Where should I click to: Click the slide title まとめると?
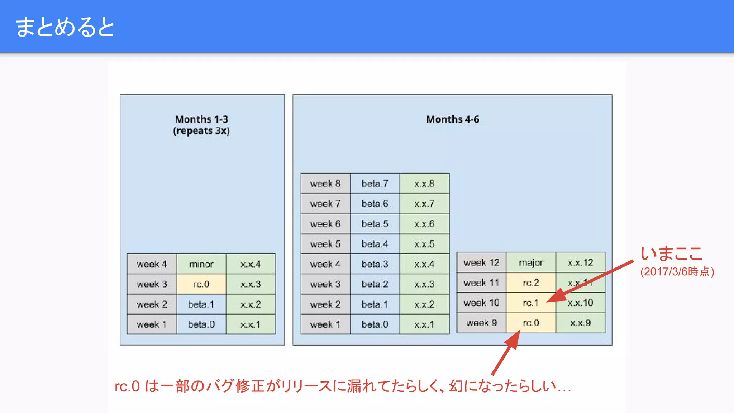point(65,27)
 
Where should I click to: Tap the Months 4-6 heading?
point(452,119)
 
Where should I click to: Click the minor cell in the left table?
point(201,264)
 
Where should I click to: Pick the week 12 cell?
point(481,262)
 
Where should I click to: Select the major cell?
point(531,262)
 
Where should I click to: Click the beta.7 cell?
point(375,184)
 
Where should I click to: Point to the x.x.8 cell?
point(424,184)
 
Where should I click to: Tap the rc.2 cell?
point(531,283)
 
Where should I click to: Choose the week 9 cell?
point(481,323)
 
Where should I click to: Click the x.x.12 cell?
point(580,262)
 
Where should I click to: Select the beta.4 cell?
point(375,244)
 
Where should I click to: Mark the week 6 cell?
point(325,224)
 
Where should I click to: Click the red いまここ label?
point(672,254)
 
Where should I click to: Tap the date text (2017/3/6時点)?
point(677,272)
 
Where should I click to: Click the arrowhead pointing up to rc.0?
point(515,339)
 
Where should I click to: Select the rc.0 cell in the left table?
point(201,284)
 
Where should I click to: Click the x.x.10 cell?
point(580,303)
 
